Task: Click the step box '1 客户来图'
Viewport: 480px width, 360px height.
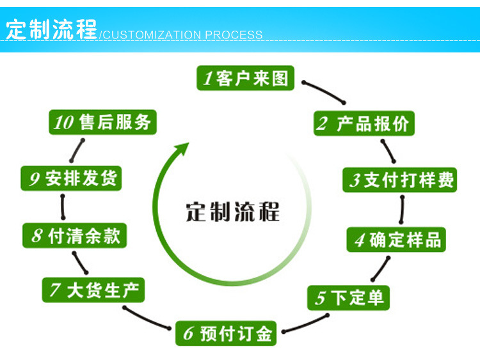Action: pos(246,78)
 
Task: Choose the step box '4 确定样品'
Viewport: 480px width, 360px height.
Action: pos(396,240)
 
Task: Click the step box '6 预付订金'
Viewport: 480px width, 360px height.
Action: pos(227,333)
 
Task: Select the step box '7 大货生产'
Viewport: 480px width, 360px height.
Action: pos(93,290)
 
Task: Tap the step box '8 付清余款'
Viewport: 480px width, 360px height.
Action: pos(75,236)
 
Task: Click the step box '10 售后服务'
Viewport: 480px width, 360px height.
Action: pos(103,121)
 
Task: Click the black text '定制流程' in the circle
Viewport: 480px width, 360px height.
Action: pos(233,211)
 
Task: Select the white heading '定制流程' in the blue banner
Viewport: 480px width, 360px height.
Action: pos(51,29)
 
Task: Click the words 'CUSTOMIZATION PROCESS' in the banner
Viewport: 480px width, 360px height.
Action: pos(183,35)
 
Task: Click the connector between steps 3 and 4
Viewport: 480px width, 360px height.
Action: pos(402,209)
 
